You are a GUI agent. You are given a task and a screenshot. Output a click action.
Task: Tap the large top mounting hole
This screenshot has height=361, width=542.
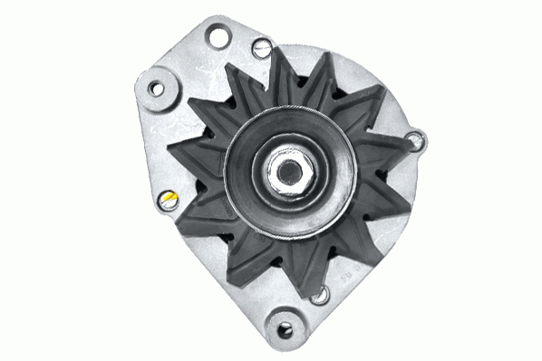217,37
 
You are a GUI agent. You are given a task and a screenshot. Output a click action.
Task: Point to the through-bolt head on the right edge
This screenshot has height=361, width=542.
415,139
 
